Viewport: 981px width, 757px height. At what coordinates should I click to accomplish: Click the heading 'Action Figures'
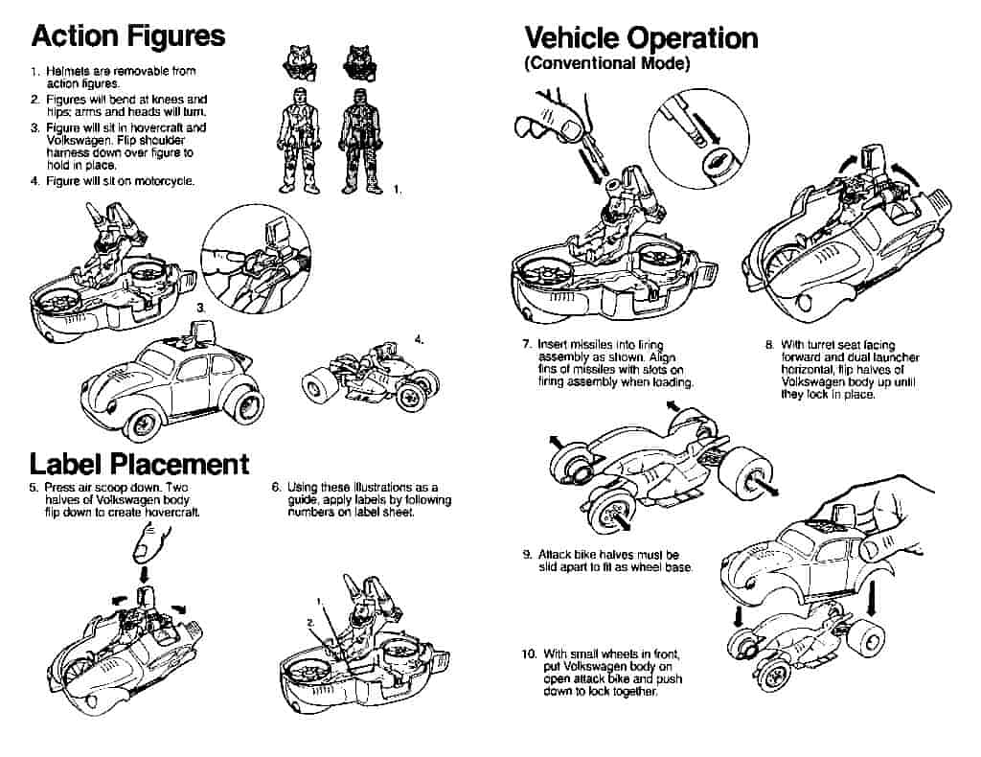pos(127,36)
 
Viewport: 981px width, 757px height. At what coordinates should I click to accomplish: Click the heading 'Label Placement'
pos(139,464)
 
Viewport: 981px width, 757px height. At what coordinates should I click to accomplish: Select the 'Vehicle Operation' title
pos(641,37)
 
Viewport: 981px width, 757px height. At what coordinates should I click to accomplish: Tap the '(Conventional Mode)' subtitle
pos(606,64)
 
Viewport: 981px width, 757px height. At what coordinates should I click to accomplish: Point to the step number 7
pos(526,344)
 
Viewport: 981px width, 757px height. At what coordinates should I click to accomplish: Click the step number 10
pos(528,654)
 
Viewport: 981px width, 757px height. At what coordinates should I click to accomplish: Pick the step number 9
pos(527,554)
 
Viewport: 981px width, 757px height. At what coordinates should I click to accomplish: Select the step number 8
pos(768,344)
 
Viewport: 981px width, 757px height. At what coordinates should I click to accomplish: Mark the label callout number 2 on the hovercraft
pos(309,622)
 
